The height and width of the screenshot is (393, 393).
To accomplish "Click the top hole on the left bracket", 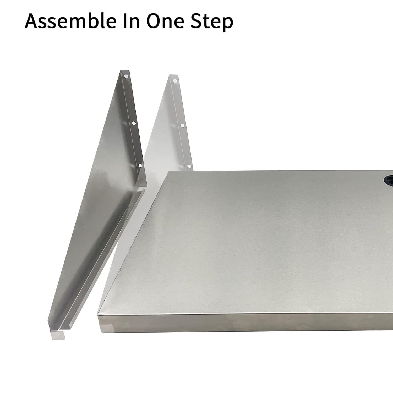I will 126,77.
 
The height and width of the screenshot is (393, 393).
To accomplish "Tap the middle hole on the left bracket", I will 133,123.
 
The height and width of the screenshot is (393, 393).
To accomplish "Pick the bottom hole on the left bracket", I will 140,165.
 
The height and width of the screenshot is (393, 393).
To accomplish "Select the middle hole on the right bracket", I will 182,125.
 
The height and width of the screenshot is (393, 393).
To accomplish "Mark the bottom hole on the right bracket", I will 189,166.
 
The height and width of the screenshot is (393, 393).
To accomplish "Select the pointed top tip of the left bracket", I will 121,71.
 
